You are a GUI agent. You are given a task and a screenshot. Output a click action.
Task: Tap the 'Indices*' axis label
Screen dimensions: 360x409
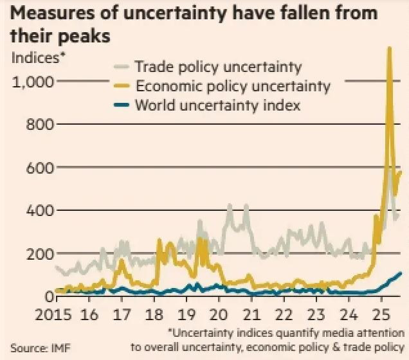point(39,57)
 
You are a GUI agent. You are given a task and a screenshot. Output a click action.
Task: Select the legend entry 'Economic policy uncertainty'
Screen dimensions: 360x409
point(232,86)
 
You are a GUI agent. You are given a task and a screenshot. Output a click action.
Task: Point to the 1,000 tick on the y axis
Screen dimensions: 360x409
point(33,82)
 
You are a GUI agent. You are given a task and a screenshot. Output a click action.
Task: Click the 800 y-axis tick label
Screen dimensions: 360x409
point(39,125)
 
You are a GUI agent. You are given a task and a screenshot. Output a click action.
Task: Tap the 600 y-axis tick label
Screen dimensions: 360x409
point(39,168)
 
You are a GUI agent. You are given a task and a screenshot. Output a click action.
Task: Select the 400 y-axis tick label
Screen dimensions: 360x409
point(39,211)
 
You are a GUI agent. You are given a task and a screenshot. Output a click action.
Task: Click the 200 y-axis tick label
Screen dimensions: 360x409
point(39,254)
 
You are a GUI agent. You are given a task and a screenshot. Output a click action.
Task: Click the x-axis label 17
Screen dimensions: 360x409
point(121,315)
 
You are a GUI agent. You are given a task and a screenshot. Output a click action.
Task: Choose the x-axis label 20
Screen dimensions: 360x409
point(219,315)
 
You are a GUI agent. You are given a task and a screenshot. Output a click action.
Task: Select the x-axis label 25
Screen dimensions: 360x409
point(381,315)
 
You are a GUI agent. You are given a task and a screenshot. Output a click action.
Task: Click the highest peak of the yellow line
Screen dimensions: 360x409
point(389,48)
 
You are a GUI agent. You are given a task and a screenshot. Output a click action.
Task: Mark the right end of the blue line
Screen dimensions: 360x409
point(401,273)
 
